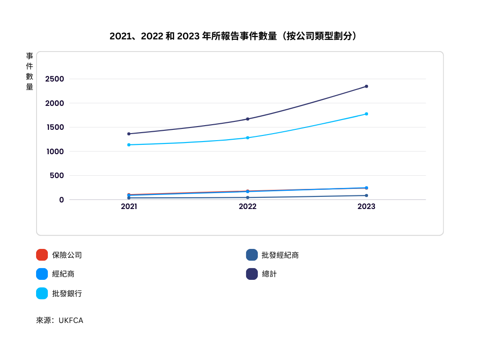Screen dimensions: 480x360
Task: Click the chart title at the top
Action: [233, 36]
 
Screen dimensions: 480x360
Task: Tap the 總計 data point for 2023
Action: [367, 86]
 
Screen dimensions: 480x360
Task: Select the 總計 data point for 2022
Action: [247, 119]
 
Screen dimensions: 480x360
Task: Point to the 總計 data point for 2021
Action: [129, 134]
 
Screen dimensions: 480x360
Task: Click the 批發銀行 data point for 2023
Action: [367, 114]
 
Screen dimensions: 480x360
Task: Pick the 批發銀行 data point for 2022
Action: [247, 138]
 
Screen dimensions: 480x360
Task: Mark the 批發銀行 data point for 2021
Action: [129, 145]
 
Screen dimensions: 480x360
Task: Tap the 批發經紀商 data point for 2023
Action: [367, 195]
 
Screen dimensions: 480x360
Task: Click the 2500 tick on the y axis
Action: [54, 79]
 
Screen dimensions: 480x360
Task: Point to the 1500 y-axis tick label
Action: [55, 127]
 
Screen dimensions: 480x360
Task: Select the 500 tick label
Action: [57, 175]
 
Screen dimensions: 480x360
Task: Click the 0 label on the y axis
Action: [61, 200]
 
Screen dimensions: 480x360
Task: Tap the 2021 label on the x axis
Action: [129, 206]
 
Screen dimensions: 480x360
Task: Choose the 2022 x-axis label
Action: [247, 206]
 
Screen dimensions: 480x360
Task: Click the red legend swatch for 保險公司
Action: [42, 255]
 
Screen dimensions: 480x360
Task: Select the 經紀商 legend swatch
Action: [42, 274]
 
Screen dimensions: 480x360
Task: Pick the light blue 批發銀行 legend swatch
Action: [42, 293]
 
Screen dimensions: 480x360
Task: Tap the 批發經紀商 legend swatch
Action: [252, 255]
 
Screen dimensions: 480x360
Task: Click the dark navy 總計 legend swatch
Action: [252, 274]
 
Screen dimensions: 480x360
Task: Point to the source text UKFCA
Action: [71, 321]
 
